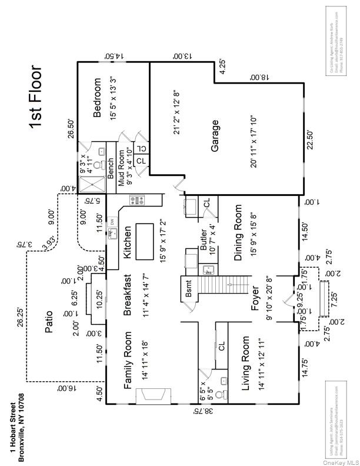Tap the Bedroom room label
pyautogui.click(x=98, y=97)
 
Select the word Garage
pyautogui.click(x=215, y=137)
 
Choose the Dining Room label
pyautogui.click(x=238, y=233)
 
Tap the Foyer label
pyautogui.click(x=255, y=301)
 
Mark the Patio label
pyautogui.click(x=49, y=322)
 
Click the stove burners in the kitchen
pyautogui.click(x=137, y=200)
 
